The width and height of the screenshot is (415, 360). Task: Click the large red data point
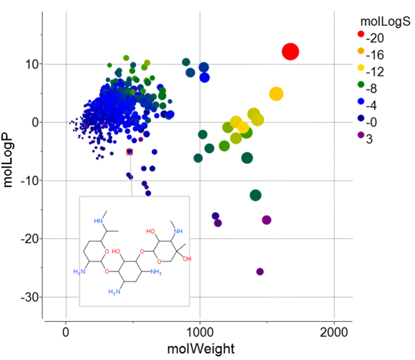(290, 51)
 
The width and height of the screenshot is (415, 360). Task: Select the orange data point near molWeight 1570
(276, 94)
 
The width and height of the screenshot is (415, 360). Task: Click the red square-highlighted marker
(130, 152)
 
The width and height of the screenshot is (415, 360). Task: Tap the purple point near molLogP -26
(260, 272)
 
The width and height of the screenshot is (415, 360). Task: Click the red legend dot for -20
(360, 34)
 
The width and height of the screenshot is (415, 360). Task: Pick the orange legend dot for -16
(360, 51)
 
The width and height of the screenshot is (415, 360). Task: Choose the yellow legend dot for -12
(360, 67)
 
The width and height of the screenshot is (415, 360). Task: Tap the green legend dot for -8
(360, 84)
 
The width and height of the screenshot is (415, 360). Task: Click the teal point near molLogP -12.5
(256, 195)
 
